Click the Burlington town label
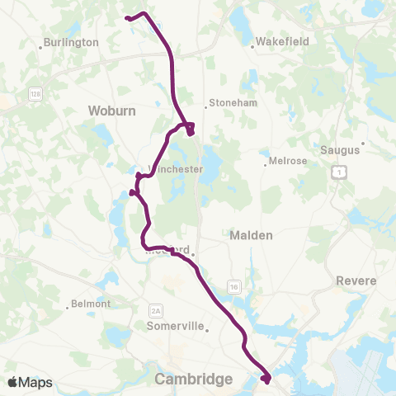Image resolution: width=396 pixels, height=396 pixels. coord(73,42)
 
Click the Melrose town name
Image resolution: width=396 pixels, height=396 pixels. coord(288,160)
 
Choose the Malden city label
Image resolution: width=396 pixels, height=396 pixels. coord(249,235)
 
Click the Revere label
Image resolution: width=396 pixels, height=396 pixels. coord(356,280)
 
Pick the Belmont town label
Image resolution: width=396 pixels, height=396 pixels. coord(91,304)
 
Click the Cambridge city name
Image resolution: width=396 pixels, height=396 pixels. coord(193,379)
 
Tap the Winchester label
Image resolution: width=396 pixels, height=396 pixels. coord(176,169)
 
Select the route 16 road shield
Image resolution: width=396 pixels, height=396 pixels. coord(235,285)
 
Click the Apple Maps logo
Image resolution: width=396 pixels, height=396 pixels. coord(30,382)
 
